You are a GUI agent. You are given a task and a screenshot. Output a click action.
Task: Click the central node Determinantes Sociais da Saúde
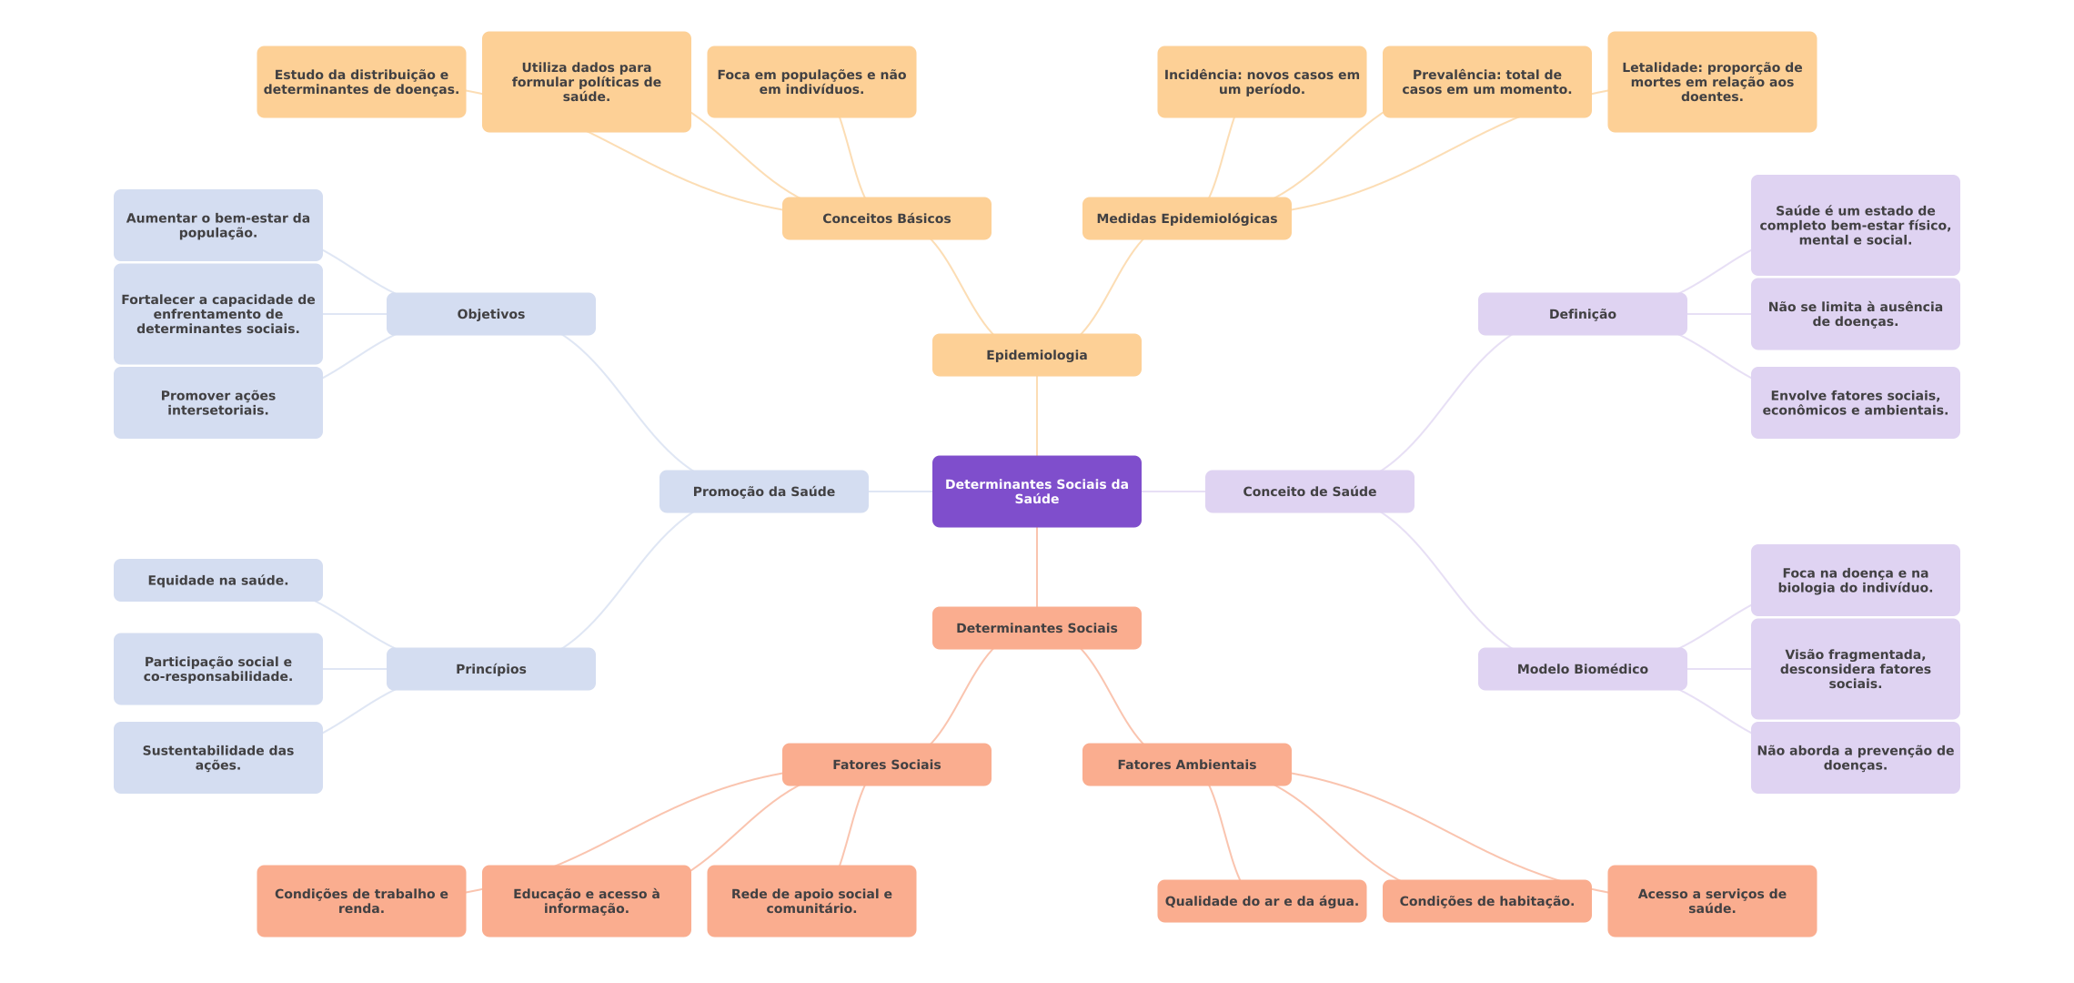pos(1036,491)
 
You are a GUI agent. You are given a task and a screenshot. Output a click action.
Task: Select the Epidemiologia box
pos(1036,355)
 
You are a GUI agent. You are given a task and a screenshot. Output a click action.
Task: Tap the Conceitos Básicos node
pos(886,218)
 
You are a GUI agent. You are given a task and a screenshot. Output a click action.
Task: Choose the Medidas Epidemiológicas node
pos(1186,218)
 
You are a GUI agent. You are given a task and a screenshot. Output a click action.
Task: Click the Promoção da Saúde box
pos(763,491)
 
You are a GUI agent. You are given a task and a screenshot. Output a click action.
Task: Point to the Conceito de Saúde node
pos(1309,491)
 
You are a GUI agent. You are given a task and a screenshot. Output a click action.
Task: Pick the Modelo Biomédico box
pos(1582,669)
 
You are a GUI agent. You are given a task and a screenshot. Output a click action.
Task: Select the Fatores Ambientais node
pos(1186,765)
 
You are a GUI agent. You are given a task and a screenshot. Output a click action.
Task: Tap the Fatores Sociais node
pos(886,765)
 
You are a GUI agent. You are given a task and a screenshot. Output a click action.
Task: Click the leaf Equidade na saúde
pos(217,581)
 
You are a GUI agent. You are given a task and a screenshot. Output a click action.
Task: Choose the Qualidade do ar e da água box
pos(1261,901)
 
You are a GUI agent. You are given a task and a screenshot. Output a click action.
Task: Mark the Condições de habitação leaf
pos(1486,901)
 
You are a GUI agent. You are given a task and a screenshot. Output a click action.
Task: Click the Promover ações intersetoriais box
pos(217,403)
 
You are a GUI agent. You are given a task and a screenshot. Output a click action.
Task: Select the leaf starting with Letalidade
pos(1711,82)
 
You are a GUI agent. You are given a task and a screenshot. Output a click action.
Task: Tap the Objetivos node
pos(490,314)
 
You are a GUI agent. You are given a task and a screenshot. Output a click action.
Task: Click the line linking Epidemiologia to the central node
pos(1037,416)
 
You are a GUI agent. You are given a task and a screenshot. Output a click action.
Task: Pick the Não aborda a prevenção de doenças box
pos(1855,758)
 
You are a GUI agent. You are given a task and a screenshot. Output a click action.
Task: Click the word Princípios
pos(490,669)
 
